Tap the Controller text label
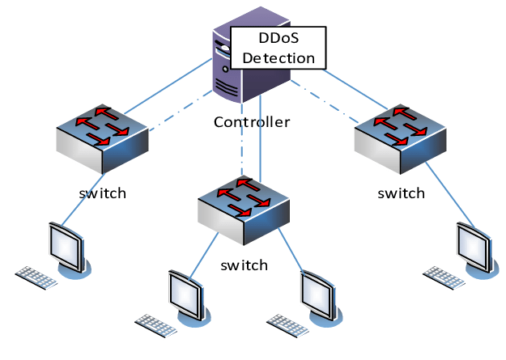point(252,122)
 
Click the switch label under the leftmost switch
point(103,194)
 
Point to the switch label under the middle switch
point(244,265)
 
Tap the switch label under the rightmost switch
point(402,194)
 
